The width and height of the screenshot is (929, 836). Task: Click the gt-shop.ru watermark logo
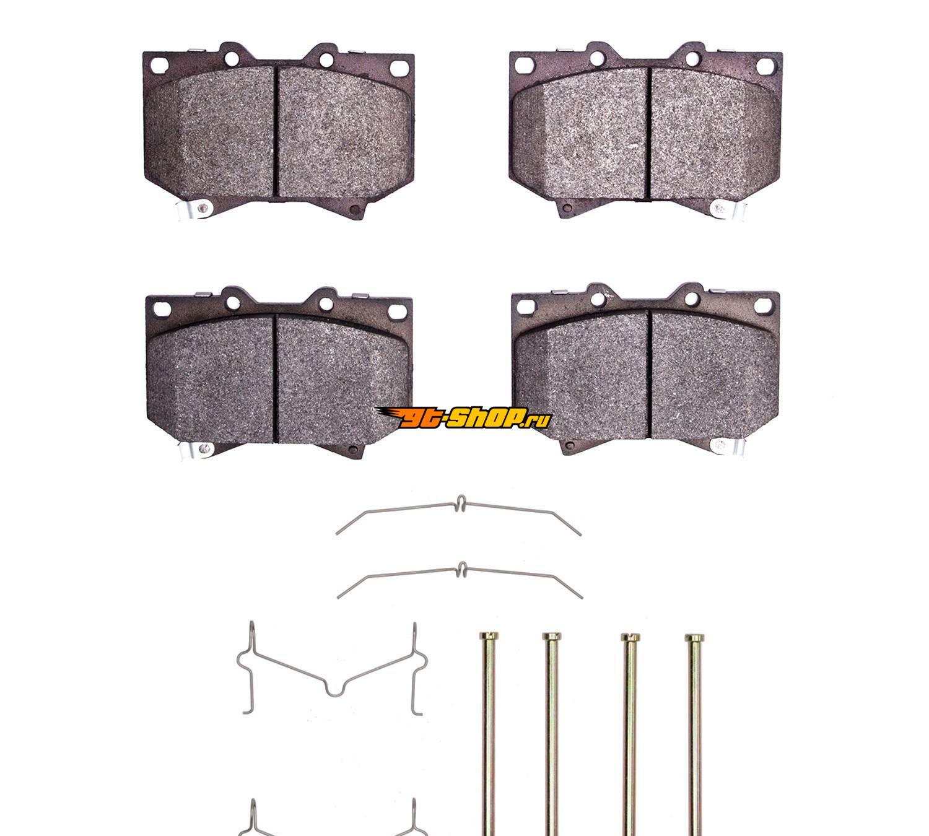[x=463, y=417]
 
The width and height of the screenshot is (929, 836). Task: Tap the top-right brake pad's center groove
[x=648, y=134]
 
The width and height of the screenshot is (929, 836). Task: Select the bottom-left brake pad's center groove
[x=276, y=378]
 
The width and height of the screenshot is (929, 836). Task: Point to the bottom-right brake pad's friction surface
[x=646, y=375]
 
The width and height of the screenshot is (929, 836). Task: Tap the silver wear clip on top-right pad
[x=727, y=209]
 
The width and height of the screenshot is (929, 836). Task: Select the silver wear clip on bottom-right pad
[x=728, y=446]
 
